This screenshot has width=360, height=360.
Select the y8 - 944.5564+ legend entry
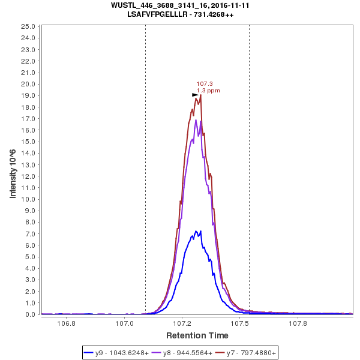tap(183, 353)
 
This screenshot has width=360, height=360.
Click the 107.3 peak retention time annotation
tap(205, 84)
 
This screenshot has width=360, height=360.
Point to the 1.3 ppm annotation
tap(208, 91)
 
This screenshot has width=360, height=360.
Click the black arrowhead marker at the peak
tap(195, 95)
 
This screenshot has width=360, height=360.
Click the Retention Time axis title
tap(197, 335)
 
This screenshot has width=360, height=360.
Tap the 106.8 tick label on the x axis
tap(66, 323)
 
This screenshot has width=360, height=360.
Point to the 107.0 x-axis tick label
tap(124, 323)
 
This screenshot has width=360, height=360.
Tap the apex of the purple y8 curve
tap(196, 120)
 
